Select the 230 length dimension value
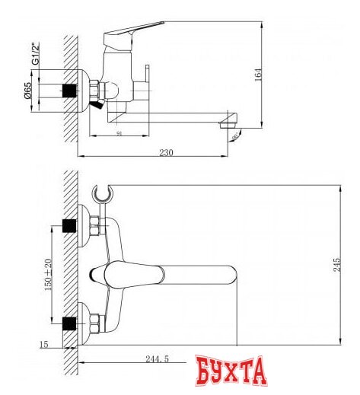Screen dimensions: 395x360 pos(167,152)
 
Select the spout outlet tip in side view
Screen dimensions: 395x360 pos(229,123)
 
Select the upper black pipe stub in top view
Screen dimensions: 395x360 pos(70,226)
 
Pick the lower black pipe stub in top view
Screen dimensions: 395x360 pos(70,320)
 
